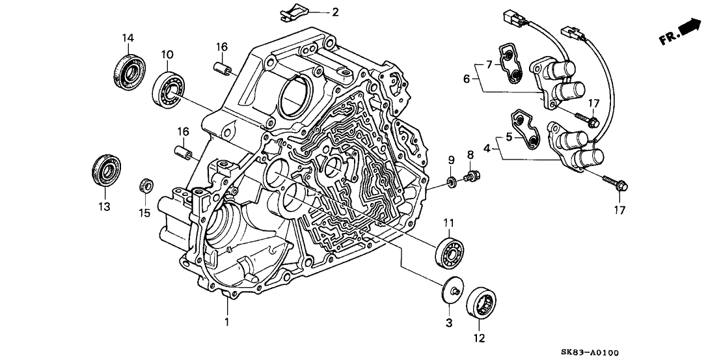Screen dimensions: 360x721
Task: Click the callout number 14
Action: (x=126, y=38)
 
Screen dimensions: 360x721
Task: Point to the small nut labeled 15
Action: (x=146, y=186)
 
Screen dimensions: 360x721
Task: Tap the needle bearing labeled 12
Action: (x=485, y=303)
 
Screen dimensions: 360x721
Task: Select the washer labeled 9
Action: (x=450, y=180)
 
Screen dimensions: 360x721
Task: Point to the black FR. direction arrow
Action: (x=689, y=29)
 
